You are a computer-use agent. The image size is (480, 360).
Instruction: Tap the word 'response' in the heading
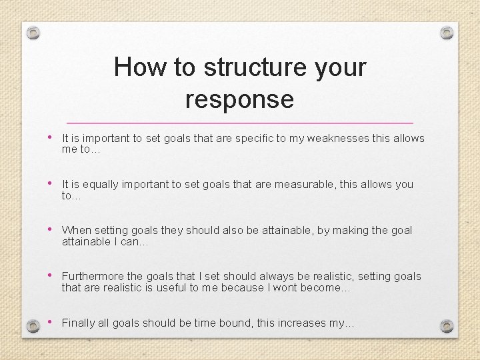(239, 99)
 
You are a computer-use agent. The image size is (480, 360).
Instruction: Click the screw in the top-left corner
(35, 32)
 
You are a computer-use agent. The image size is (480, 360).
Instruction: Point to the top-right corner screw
(447, 32)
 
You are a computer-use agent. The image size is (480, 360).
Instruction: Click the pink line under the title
(240, 123)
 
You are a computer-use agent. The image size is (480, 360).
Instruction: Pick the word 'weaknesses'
(335, 139)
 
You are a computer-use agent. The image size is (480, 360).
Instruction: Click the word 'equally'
(101, 185)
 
